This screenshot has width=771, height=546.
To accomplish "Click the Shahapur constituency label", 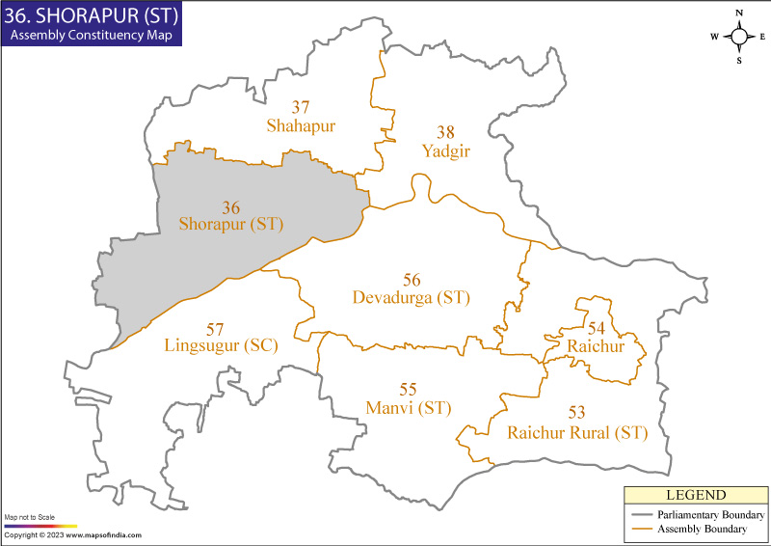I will click(300, 125).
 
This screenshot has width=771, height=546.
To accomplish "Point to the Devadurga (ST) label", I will click(412, 297).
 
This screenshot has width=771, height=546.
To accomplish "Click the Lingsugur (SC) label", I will click(221, 345).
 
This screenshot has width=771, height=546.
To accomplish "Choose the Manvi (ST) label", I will click(409, 408).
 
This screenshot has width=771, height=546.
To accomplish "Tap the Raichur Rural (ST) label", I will click(577, 432).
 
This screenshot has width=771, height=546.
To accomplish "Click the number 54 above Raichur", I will click(597, 328).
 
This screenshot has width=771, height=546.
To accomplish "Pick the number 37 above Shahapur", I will click(301, 107).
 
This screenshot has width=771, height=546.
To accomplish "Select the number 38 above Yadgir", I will click(444, 132).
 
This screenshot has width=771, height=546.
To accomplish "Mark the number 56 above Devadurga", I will click(412, 280).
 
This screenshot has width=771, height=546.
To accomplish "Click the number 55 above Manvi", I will click(409, 390).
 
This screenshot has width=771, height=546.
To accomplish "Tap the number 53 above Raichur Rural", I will click(577, 414).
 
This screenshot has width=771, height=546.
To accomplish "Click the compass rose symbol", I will click(739, 37).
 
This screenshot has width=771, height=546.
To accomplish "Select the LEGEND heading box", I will click(693, 495).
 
